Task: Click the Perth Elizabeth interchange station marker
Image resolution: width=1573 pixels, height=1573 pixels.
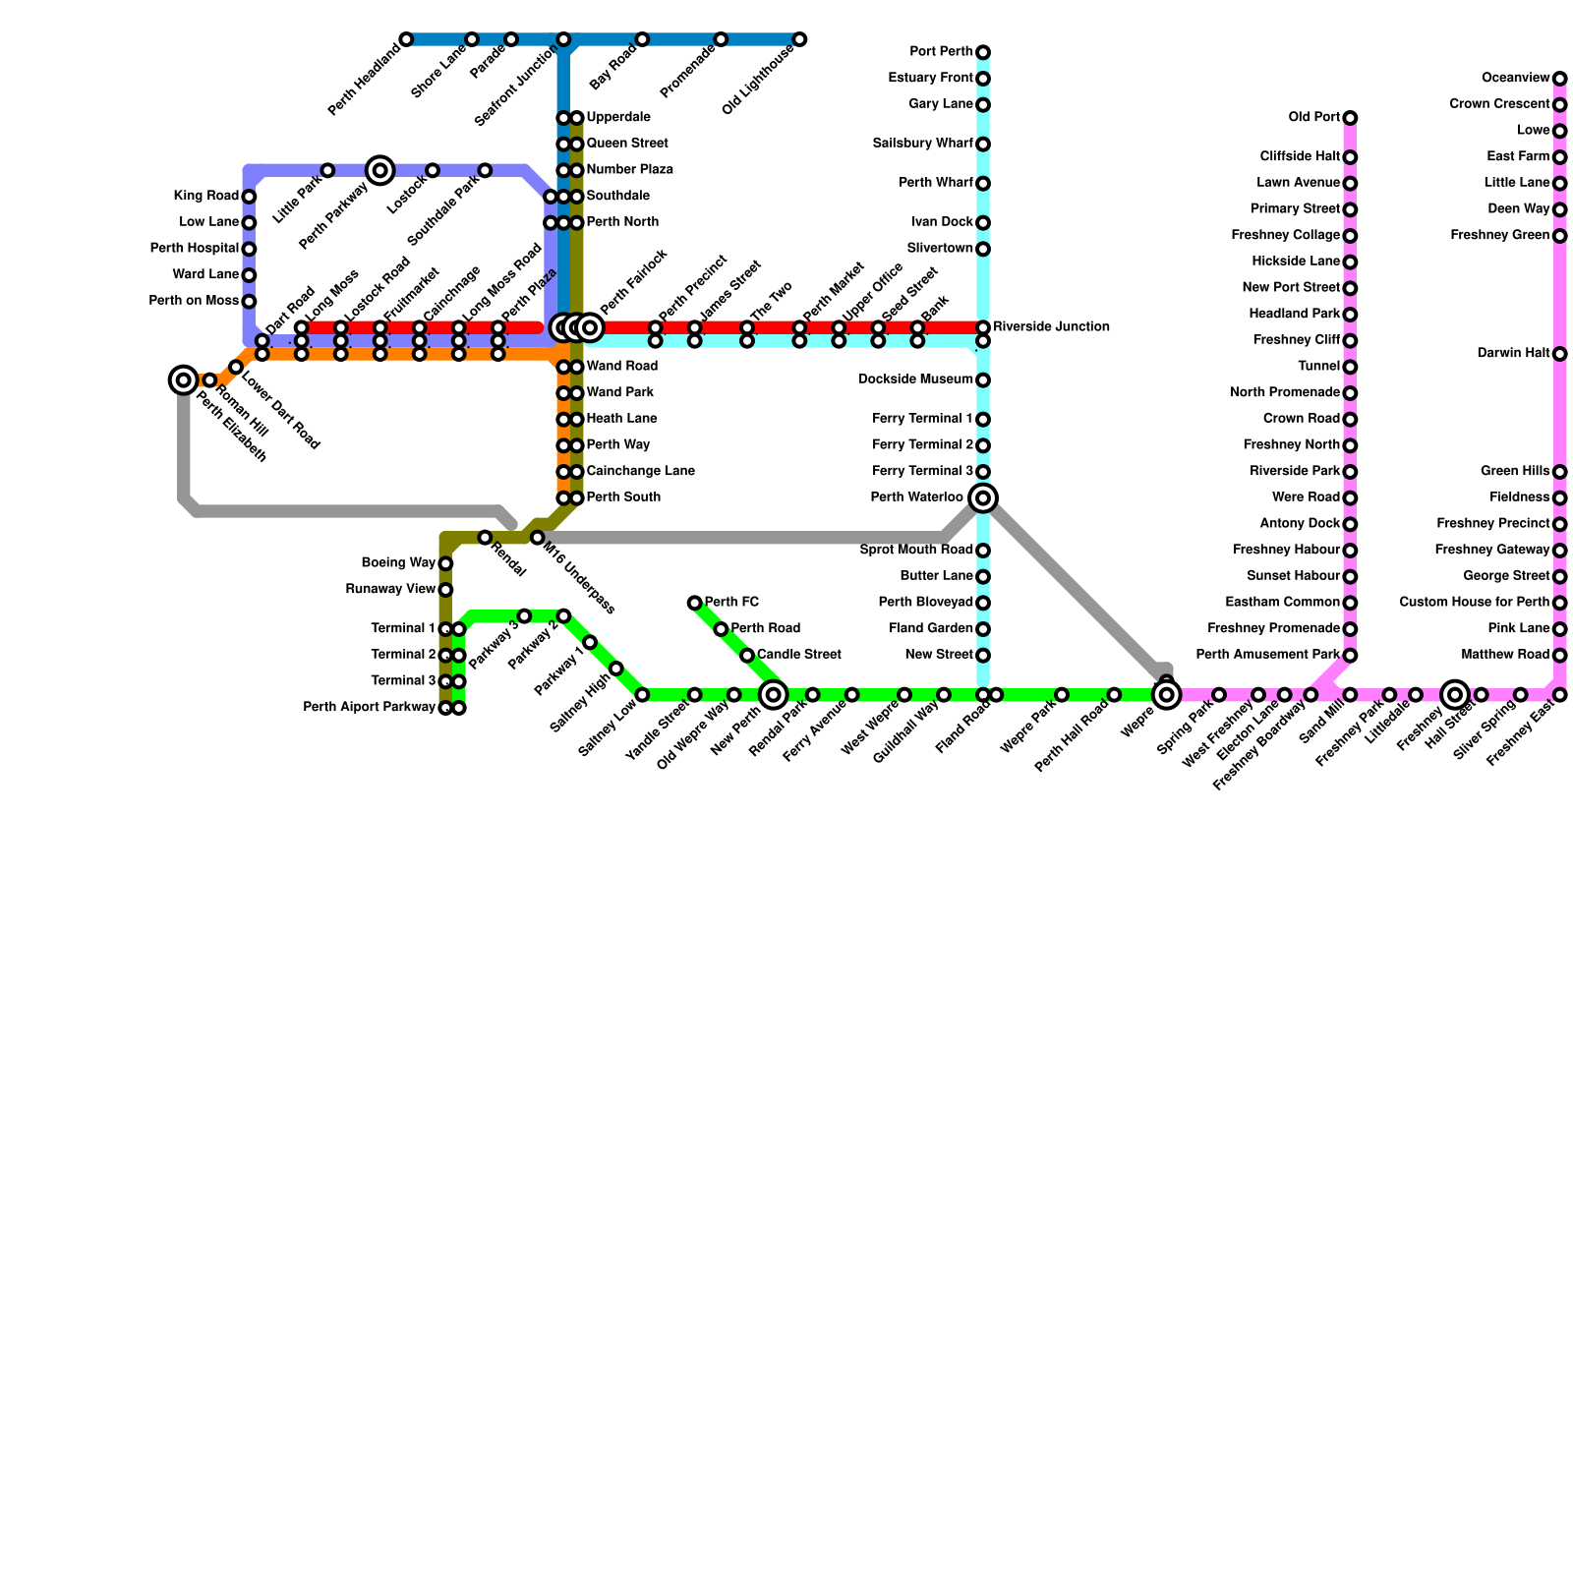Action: (x=184, y=379)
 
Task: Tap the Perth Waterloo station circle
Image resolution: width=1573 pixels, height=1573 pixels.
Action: (x=983, y=497)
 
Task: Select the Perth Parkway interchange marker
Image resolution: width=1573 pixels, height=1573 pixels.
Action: (x=380, y=171)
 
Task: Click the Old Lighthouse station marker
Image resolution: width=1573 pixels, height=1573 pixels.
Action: (x=800, y=39)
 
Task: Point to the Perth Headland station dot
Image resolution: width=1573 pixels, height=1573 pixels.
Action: (x=407, y=39)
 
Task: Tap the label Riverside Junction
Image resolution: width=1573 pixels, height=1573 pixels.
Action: (x=1051, y=327)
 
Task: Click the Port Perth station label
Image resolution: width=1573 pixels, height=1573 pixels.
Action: (x=941, y=52)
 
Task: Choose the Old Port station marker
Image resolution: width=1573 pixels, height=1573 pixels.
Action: (x=1351, y=118)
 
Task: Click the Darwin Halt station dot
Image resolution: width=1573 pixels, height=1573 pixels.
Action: (x=1560, y=354)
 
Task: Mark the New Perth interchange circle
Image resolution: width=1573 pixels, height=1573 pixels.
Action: (x=774, y=695)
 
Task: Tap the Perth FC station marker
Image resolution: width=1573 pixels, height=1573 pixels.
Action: (x=695, y=603)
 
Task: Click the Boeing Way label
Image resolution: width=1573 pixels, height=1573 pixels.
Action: (x=398, y=563)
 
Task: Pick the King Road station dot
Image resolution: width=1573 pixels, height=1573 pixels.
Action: (x=250, y=197)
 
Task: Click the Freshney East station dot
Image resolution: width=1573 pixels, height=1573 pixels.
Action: (x=1560, y=695)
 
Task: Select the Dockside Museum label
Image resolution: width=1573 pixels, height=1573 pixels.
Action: (x=915, y=379)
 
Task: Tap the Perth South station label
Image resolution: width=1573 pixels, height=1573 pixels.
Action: (x=623, y=497)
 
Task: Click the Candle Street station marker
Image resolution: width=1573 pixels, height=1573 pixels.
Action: (x=747, y=656)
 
